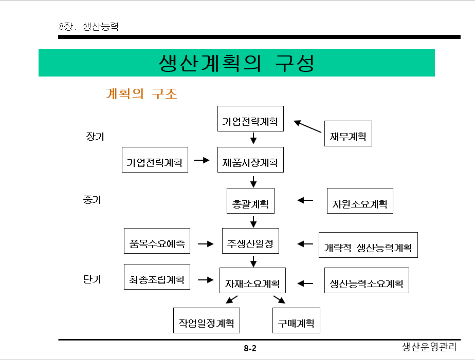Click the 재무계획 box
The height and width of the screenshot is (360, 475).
click(348, 134)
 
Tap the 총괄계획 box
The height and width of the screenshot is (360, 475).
click(250, 200)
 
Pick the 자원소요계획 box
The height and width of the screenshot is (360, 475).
click(360, 201)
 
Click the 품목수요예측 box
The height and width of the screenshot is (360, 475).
click(157, 241)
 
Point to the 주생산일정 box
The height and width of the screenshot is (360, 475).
click(250, 241)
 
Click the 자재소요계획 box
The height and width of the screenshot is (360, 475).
click(252, 280)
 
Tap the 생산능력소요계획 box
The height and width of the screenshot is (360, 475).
click(367, 280)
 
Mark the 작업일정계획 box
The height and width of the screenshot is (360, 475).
click(206, 320)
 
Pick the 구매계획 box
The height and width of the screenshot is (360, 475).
click(296, 320)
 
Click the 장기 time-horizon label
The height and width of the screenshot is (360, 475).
click(95, 136)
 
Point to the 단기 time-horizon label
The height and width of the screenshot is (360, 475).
click(92, 279)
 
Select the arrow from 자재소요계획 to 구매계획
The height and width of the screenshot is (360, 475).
click(279, 299)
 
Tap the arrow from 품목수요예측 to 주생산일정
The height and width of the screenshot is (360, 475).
click(206, 243)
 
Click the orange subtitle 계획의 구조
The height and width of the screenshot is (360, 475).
click(141, 94)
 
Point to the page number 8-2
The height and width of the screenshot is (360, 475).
click(250, 349)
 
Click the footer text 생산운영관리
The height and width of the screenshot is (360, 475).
click(429, 347)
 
